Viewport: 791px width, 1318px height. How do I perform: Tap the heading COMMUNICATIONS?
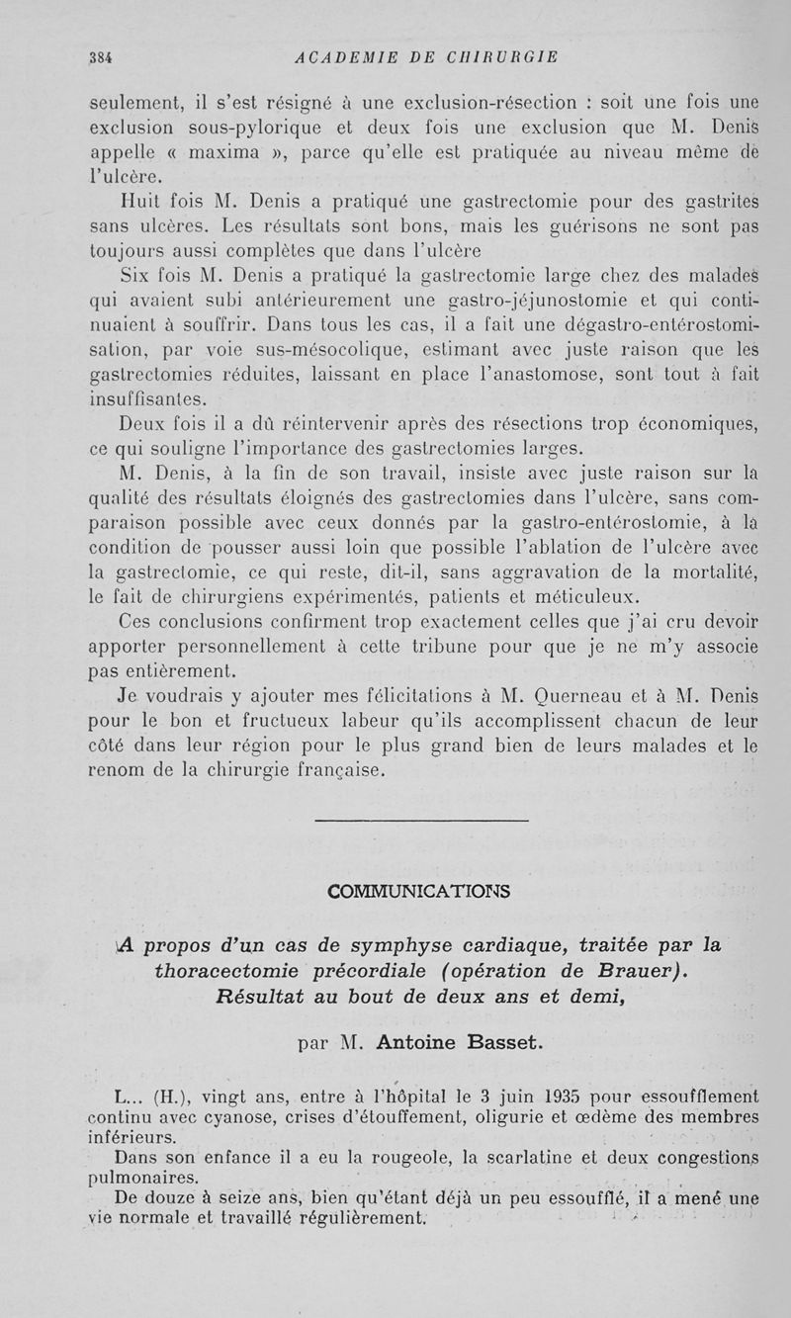419,891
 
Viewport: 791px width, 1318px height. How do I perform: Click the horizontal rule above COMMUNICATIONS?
420,820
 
